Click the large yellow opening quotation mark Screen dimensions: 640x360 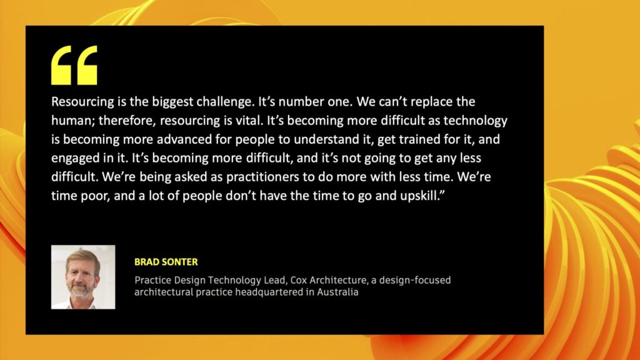74,65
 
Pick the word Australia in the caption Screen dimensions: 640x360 337,292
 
